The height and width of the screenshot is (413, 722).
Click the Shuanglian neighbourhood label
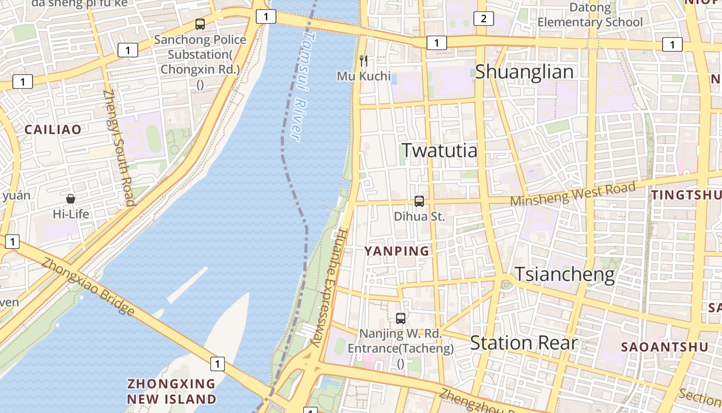(524, 72)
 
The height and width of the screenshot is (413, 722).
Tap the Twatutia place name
(439, 150)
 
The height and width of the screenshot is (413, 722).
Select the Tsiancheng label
(565, 274)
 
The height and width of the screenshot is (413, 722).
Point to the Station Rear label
(523, 343)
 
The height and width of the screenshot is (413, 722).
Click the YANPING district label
(397, 251)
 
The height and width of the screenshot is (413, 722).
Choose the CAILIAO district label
(53, 130)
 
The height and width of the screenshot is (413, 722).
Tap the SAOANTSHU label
(665, 347)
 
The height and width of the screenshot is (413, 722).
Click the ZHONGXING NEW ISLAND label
(172, 391)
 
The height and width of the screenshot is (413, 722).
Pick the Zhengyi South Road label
(119, 148)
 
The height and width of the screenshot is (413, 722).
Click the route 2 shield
(483, 19)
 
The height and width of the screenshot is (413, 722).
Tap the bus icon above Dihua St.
(419, 201)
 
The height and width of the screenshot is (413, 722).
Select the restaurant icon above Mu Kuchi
(364, 61)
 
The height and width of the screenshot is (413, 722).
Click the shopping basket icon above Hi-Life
(71, 199)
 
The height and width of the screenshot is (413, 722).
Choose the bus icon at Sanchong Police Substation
(200, 24)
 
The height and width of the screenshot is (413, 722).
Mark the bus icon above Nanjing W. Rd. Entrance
(401, 319)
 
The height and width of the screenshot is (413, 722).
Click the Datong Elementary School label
(590, 15)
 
